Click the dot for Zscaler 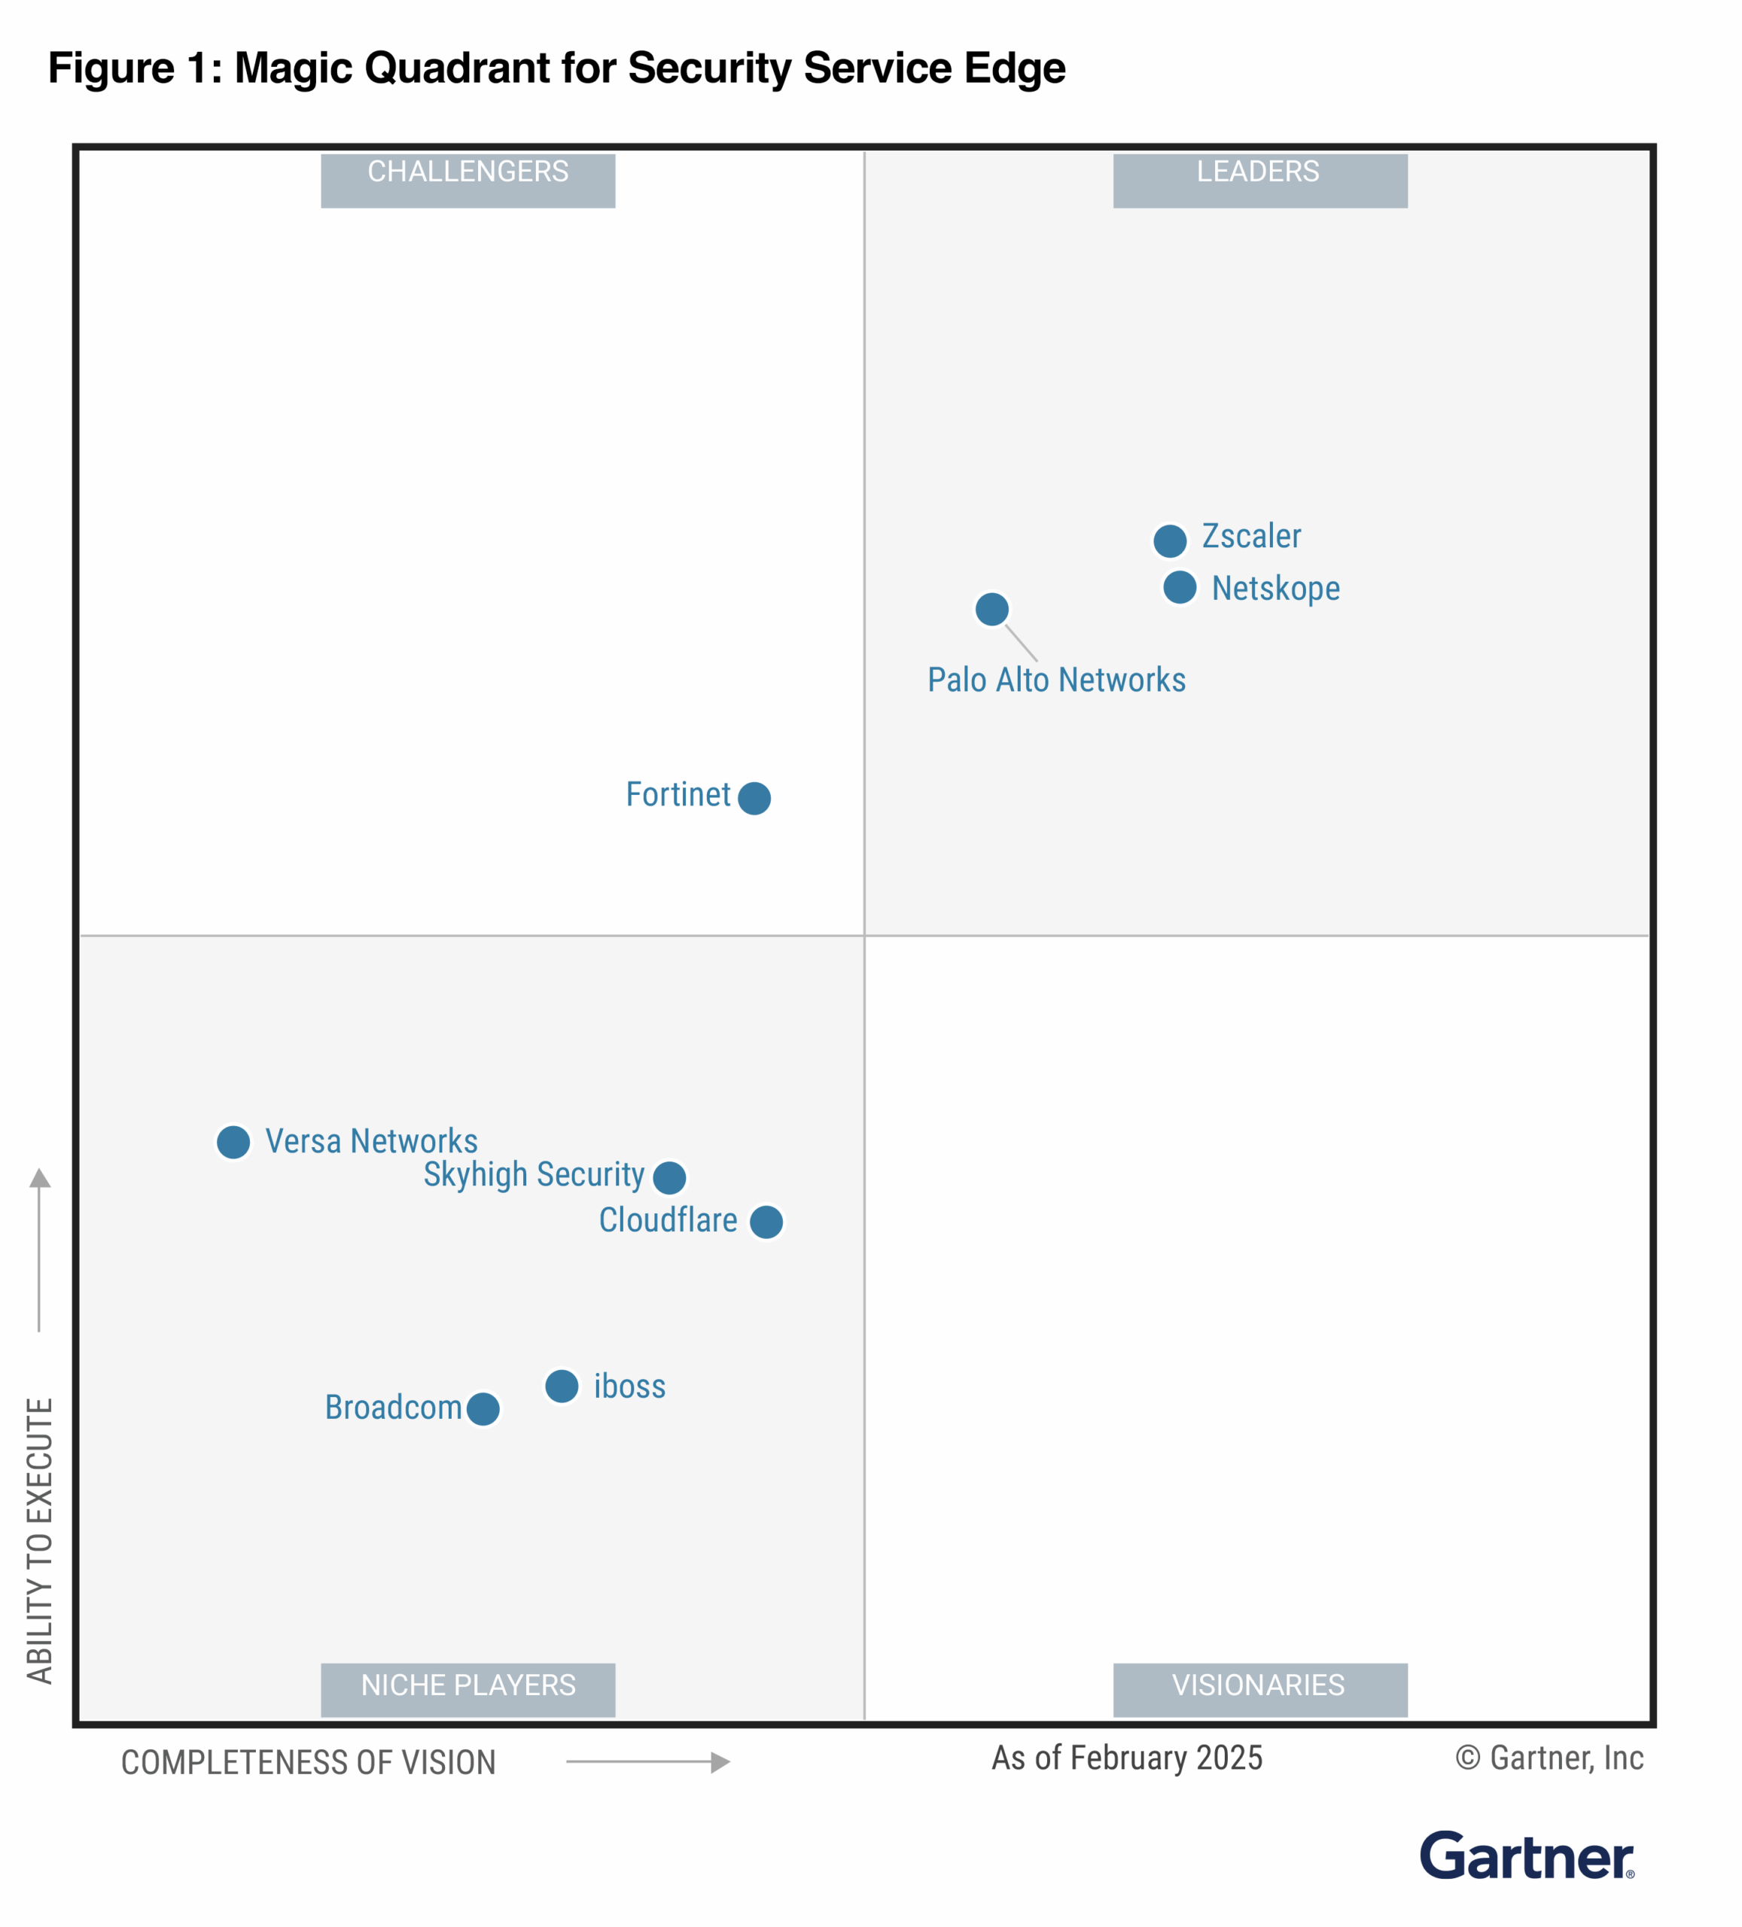tap(1169, 541)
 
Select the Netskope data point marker tap(1179, 587)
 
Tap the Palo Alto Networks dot tap(991, 609)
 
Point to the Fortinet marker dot tap(754, 797)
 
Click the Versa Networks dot tap(233, 1141)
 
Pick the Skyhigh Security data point tap(669, 1177)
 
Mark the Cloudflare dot tap(766, 1222)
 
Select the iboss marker tap(562, 1385)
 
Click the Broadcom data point tap(483, 1408)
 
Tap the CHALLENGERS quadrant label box tap(467, 180)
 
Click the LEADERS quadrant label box tap(1259, 180)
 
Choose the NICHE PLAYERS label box tap(467, 1689)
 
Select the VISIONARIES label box tap(1259, 1689)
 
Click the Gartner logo tap(1526, 1855)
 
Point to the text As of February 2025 tap(1126, 1758)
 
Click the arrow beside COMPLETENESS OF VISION tap(647, 1761)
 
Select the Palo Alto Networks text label tap(1055, 680)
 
